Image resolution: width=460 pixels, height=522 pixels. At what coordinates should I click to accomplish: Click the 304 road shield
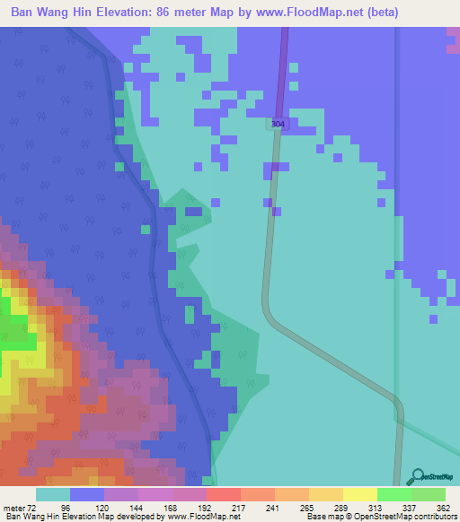point(278,124)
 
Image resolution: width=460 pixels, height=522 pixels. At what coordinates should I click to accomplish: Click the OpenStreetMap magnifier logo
point(417,476)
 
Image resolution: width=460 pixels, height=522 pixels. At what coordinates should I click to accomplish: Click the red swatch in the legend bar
point(223,494)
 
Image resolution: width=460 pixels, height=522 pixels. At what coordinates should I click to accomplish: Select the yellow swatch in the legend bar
point(359,494)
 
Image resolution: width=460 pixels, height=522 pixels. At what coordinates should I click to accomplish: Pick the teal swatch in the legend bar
point(53,494)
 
